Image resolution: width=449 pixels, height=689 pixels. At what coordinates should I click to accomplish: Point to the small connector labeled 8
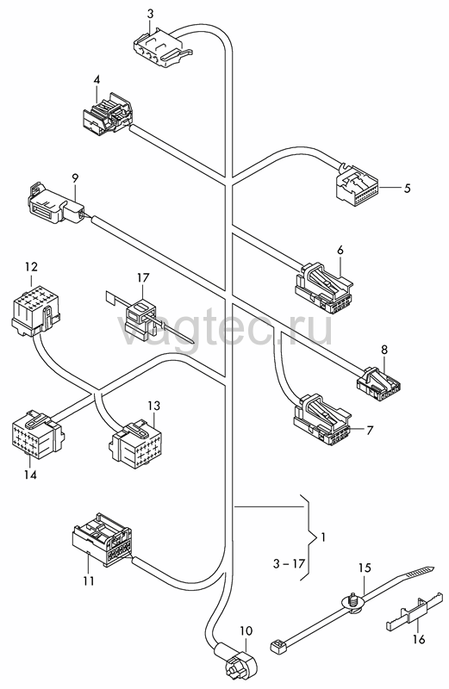(x=378, y=379)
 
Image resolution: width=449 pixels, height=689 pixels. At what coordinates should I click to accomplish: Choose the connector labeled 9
(x=58, y=205)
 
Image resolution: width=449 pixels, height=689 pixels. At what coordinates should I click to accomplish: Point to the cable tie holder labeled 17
(x=140, y=315)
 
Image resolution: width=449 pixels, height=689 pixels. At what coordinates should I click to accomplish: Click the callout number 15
(x=365, y=568)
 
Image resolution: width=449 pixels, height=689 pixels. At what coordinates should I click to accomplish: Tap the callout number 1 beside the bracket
(x=323, y=537)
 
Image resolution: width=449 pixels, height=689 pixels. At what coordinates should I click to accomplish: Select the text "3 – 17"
(x=289, y=563)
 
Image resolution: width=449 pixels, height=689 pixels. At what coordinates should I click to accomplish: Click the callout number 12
(x=31, y=267)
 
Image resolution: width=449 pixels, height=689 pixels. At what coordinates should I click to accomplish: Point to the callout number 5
(x=408, y=188)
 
